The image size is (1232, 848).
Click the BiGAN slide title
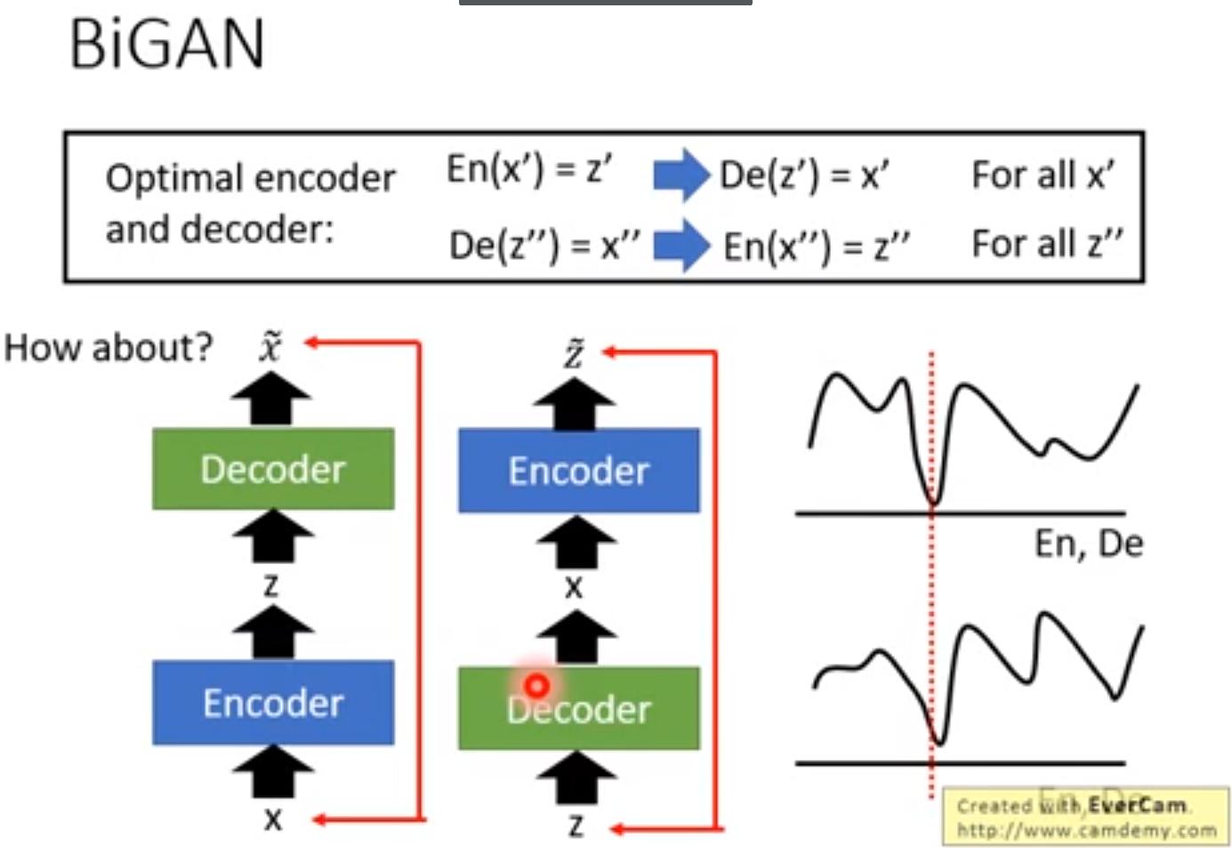167,44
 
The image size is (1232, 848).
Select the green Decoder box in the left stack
273,469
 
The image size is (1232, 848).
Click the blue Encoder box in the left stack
273,703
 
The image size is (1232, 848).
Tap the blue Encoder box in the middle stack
578,471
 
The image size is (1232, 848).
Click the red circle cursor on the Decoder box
536,685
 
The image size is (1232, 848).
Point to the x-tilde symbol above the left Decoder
270,345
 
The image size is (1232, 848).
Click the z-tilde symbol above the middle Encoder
575,353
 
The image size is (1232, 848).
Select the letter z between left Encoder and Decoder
271,586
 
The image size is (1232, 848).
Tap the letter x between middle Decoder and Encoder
575,587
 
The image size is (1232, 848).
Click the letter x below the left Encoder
273,820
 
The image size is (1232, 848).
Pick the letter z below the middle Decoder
576,827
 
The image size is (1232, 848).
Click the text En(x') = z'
528,168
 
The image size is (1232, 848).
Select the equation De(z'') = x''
544,245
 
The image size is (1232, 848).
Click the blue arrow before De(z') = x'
680,174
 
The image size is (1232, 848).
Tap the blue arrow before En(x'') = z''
681,246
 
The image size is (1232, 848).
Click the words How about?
109,348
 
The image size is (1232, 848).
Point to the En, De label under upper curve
1088,544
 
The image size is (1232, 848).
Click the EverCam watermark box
1085,816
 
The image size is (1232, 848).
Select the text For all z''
1046,244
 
